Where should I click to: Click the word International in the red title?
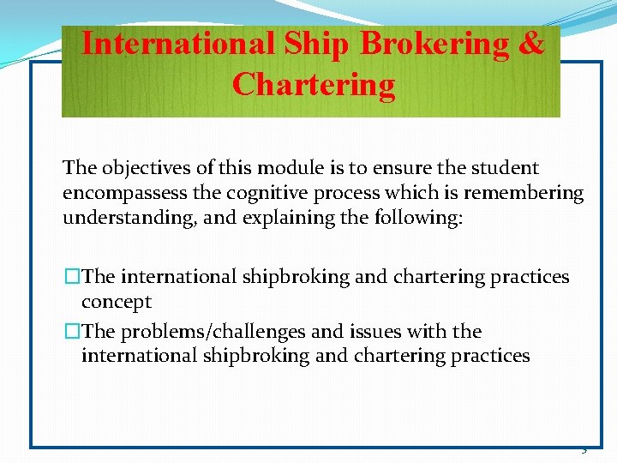pos(178,44)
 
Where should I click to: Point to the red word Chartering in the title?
pos(314,85)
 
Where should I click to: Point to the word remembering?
pos(530,193)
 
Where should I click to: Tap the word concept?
pos(117,302)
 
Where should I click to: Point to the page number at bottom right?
pos(584,450)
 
